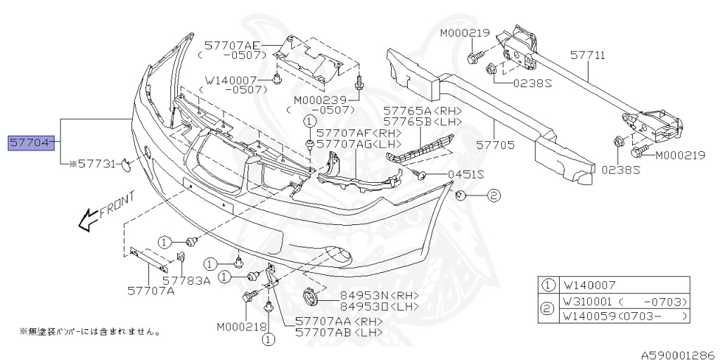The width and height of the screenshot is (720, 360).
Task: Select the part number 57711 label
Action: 587,54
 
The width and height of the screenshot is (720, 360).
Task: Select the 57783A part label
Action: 186,280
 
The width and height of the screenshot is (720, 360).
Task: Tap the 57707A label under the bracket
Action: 150,290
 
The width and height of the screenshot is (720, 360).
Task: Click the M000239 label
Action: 318,100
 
